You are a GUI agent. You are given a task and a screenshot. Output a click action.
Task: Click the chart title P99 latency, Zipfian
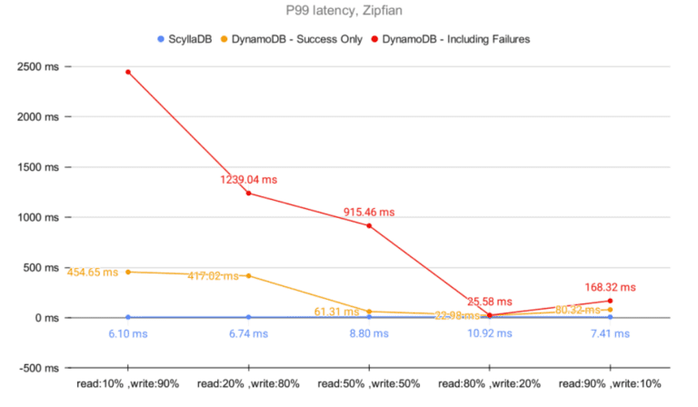(x=350, y=12)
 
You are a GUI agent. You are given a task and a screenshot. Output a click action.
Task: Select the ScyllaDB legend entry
(x=189, y=39)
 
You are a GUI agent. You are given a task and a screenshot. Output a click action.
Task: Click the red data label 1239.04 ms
(x=248, y=180)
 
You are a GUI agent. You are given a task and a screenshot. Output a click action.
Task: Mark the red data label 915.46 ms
(x=369, y=212)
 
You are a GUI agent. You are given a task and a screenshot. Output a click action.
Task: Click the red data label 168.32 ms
(x=610, y=287)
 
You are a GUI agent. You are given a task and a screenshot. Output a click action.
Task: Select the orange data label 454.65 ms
(x=93, y=272)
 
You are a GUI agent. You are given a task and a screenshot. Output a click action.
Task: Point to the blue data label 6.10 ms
(x=128, y=333)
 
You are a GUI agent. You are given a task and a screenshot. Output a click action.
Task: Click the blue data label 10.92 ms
(x=489, y=333)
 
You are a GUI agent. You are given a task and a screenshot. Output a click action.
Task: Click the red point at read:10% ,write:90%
(x=128, y=72)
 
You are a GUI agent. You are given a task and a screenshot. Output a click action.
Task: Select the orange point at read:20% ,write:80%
(x=248, y=275)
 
